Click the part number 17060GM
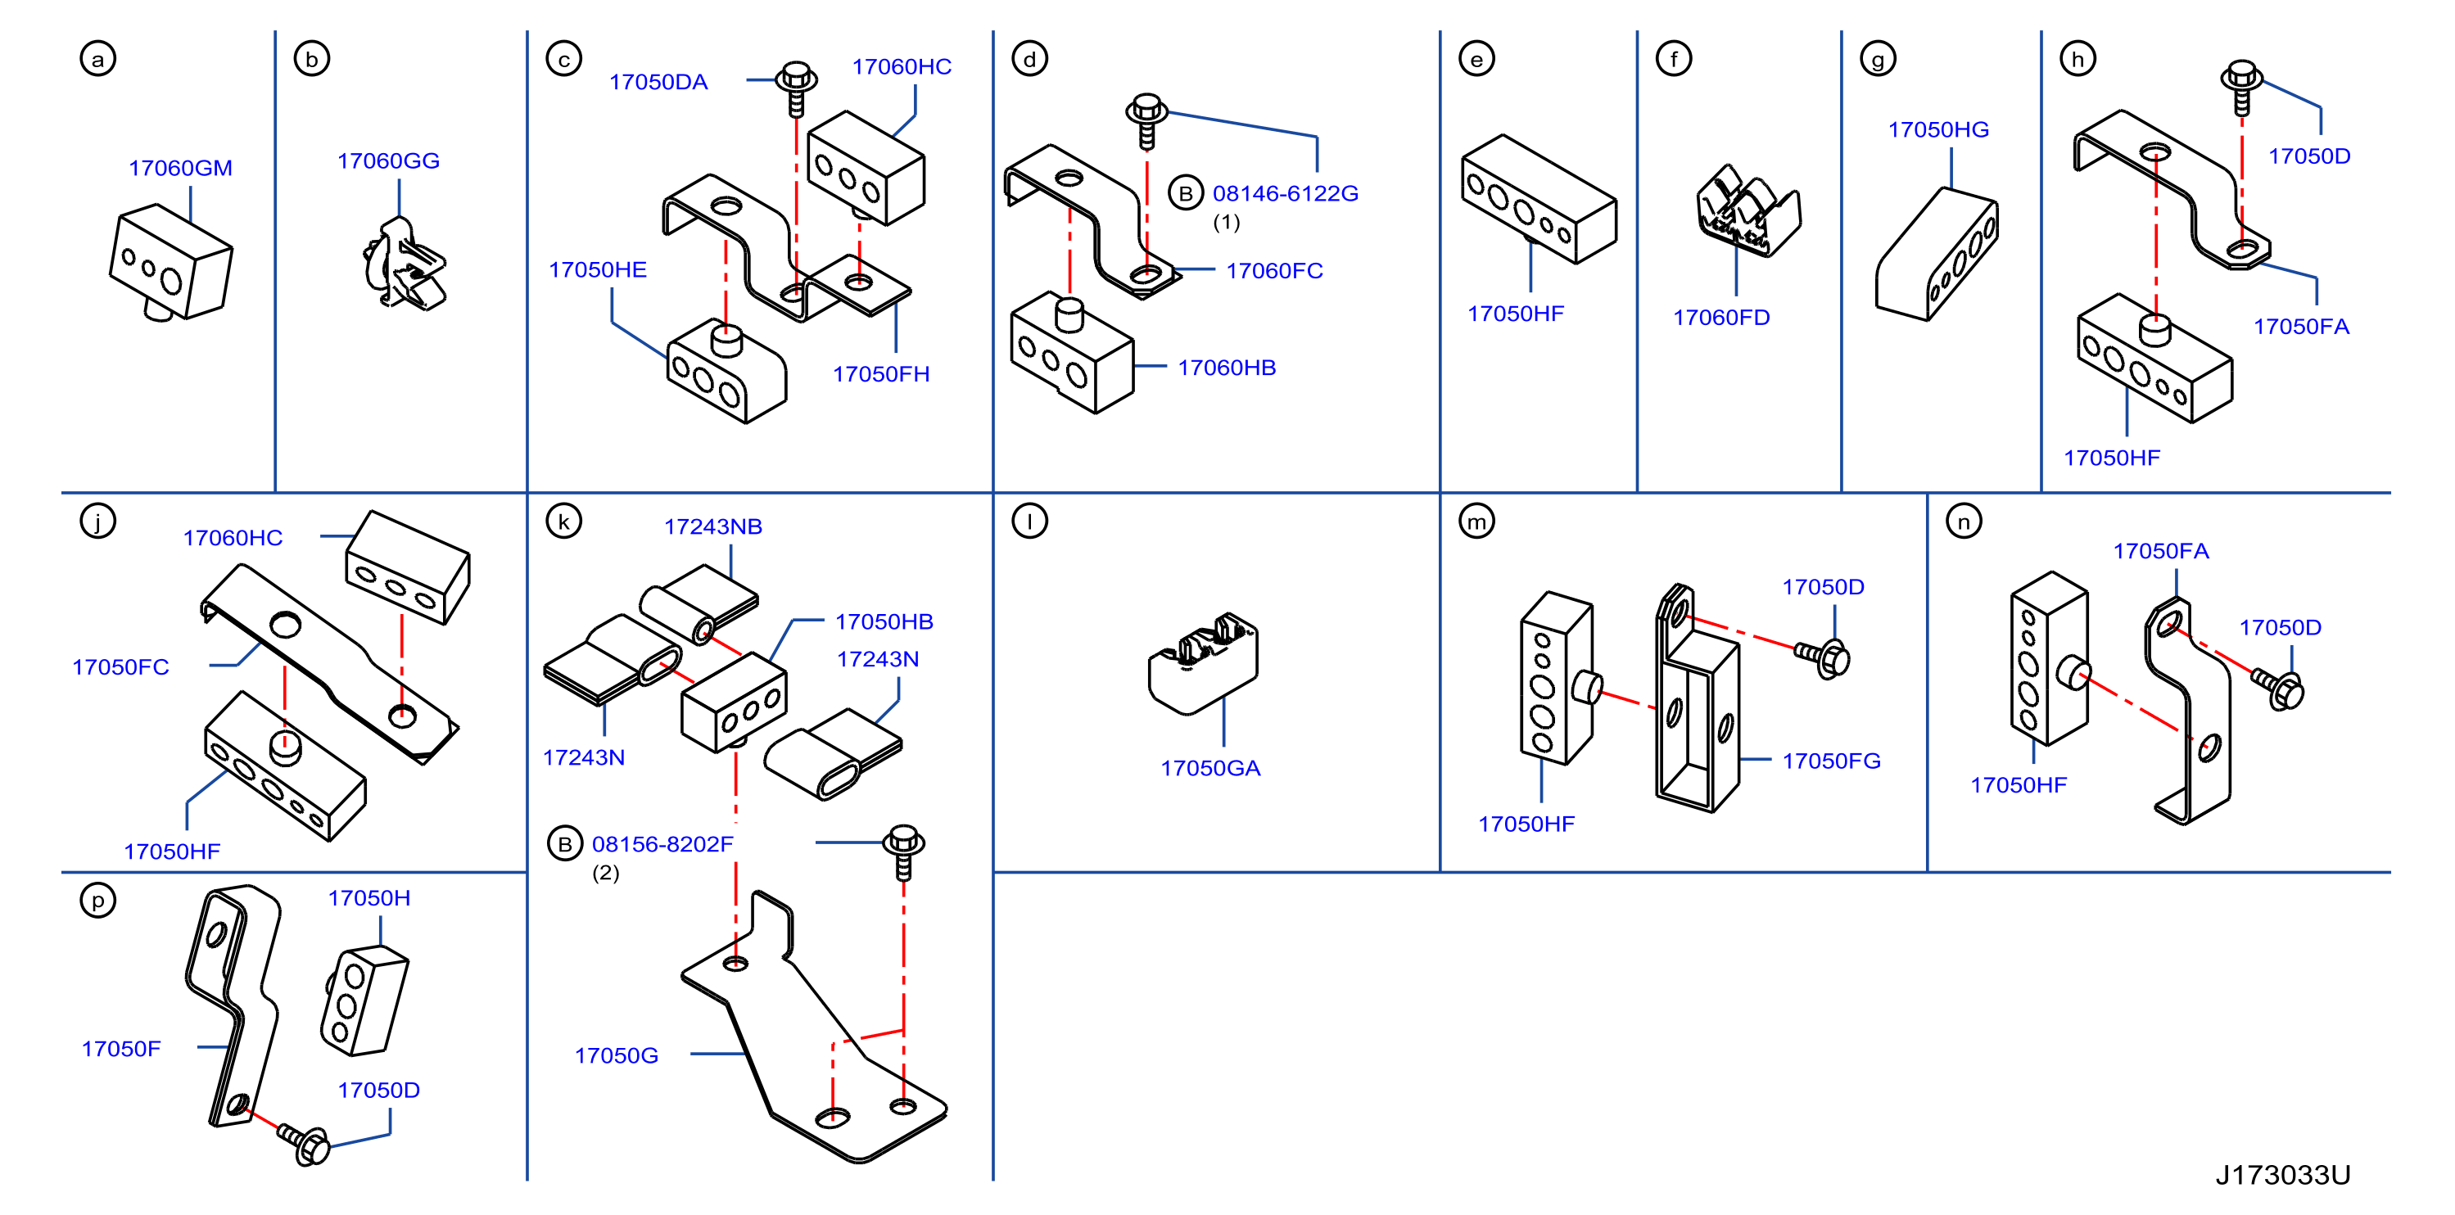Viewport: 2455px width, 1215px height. (180, 168)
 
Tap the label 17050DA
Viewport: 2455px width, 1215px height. (658, 82)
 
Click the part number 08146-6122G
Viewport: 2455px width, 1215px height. (1286, 193)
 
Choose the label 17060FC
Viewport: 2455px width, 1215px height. (1274, 271)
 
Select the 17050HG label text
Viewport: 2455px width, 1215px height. (1938, 129)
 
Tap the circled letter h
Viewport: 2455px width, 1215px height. (2077, 59)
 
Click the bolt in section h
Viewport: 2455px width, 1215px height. (2241, 88)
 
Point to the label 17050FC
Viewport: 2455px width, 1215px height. (121, 667)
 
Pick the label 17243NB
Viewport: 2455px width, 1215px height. (713, 526)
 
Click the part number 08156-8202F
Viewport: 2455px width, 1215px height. (662, 844)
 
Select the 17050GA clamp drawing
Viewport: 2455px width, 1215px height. (1203, 663)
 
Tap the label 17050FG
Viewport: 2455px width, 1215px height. (1832, 761)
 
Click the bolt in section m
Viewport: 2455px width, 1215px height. (1822, 657)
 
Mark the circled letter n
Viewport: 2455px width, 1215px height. (1963, 522)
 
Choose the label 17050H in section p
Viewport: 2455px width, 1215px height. (368, 897)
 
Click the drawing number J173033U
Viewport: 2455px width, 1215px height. (2282, 1175)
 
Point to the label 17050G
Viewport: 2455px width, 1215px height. (617, 1055)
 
